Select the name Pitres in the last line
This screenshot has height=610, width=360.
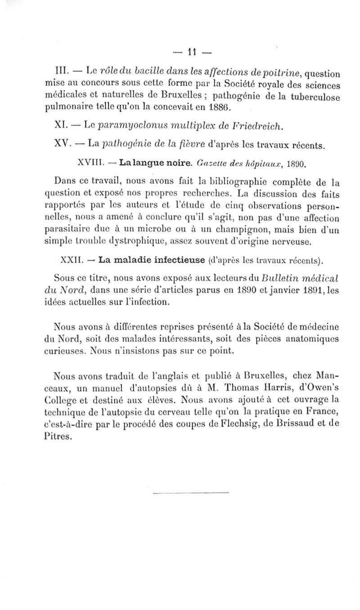(x=59, y=435)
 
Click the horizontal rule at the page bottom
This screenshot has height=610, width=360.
(x=191, y=493)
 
